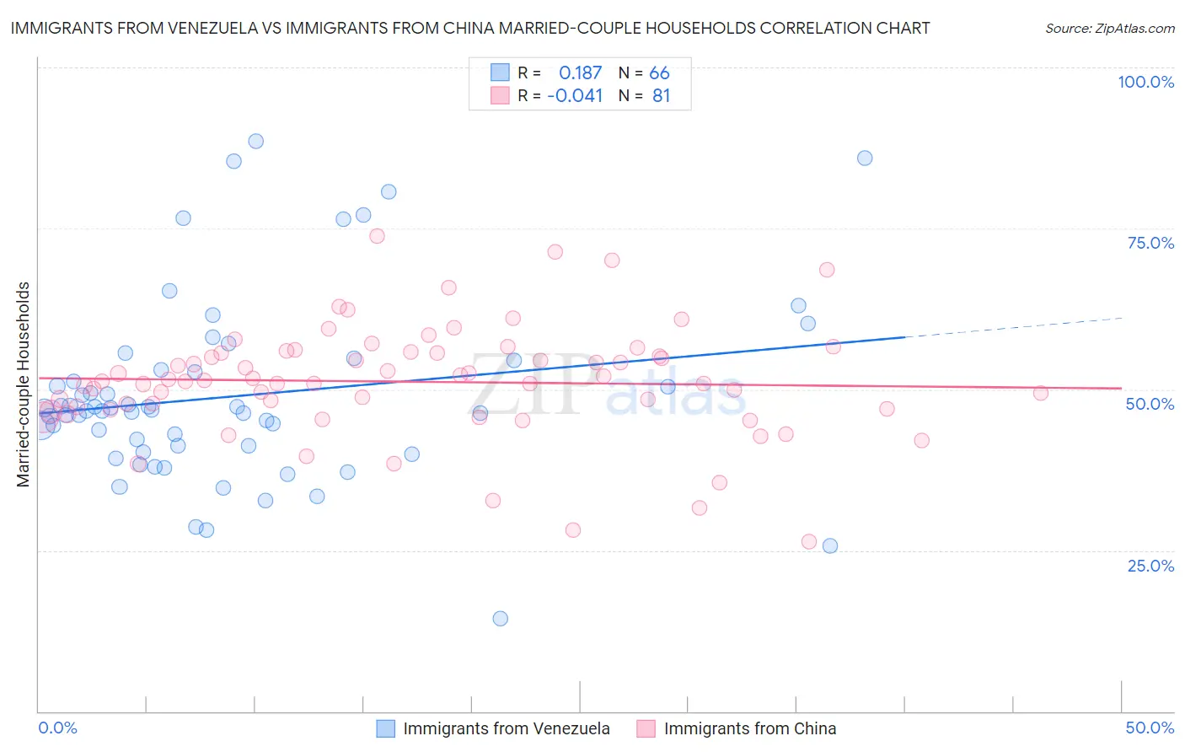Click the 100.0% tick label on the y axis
(1145, 82)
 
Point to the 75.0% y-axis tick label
(1150, 243)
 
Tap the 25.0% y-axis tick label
(1150, 565)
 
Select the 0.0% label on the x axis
(57, 728)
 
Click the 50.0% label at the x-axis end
(1150, 728)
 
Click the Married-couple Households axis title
(24, 384)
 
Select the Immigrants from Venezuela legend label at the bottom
(507, 728)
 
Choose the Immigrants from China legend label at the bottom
(750, 728)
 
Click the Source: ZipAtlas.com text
(1109, 28)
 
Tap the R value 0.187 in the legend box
(580, 73)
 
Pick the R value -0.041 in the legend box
(575, 96)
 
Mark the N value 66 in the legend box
(659, 73)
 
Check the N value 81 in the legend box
(661, 96)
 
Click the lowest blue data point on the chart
(500, 618)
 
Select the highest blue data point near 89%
(255, 141)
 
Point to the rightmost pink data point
(1040, 393)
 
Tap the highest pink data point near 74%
(377, 236)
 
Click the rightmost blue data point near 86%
(864, 158)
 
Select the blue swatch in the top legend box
(500, 73)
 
